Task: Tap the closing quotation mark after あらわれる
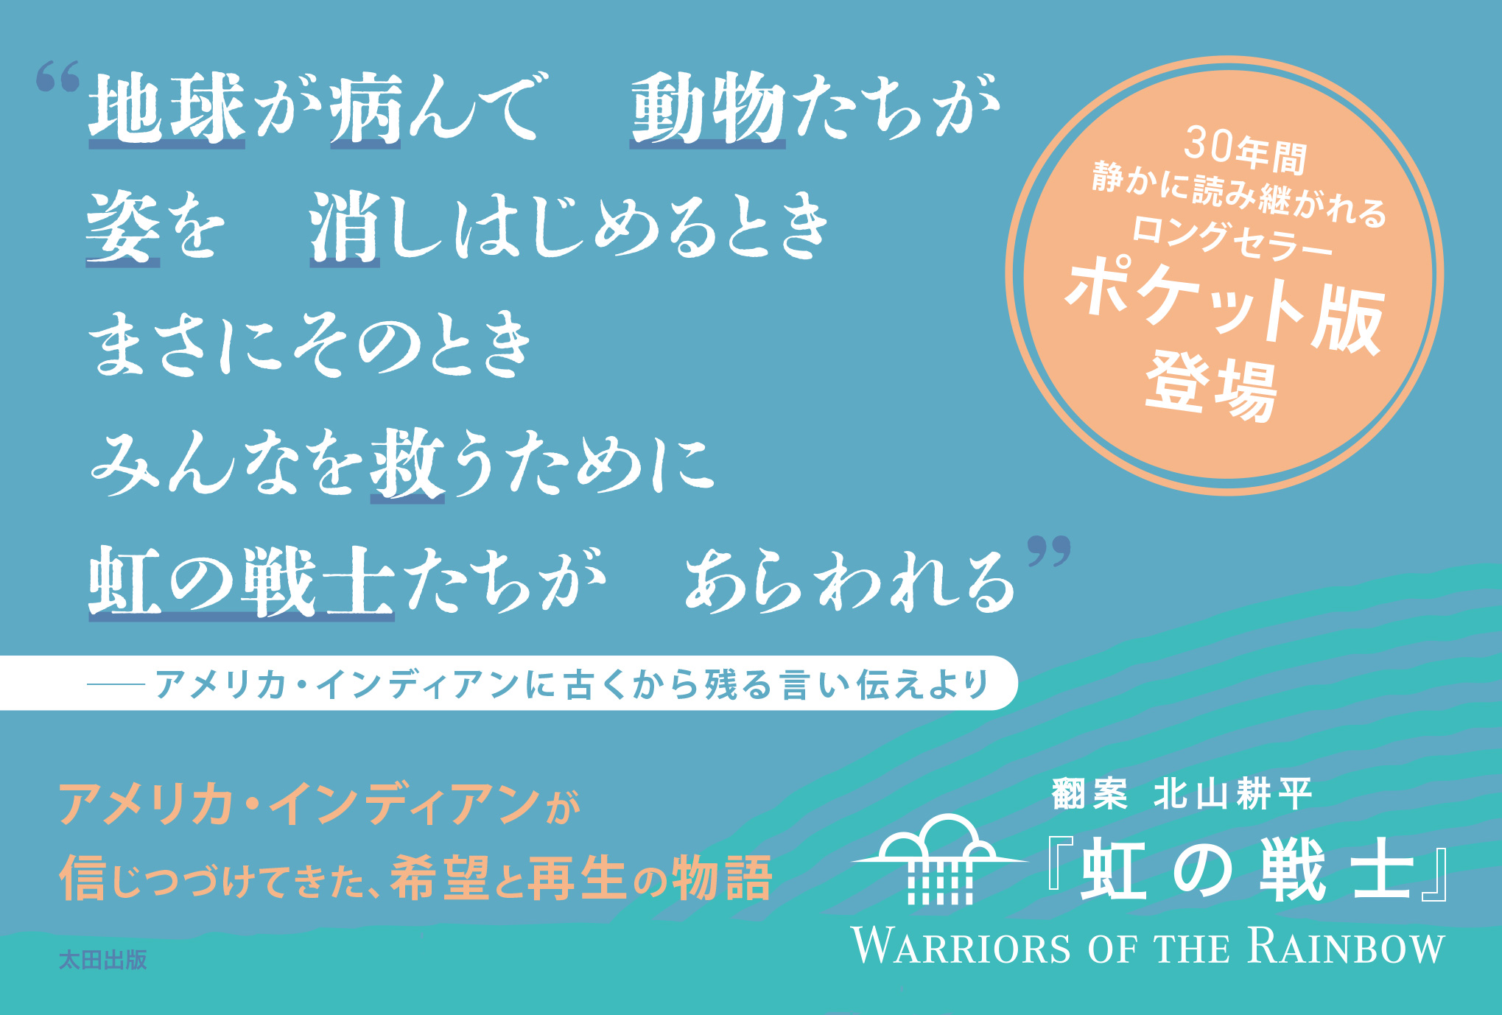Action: point(1050,552)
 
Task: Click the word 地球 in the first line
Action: point(167,108)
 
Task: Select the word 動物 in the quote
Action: point(708,108)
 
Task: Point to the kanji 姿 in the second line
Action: point(123,227)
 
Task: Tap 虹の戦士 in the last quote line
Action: point(242,582)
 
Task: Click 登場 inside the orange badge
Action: point(1212,386)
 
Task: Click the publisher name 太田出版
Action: point(102,960)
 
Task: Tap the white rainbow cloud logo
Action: point(940,859)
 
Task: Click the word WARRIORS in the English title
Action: point(961,946)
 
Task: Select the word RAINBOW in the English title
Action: point(1347,946)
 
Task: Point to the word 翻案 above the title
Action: point(1089,794)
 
